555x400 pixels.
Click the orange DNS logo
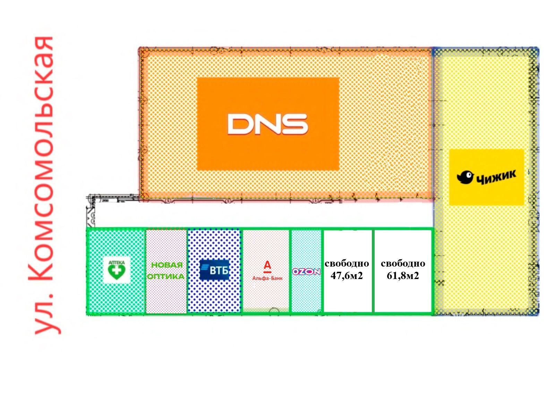click(268, 124)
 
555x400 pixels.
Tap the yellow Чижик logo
click(486, 177)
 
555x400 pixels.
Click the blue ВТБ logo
click(215, 270)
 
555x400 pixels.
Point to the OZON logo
click(306, 271)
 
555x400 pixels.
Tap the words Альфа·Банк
click(267, 278)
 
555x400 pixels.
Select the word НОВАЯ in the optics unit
click(167, 265)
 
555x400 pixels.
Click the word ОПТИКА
click(166, 277)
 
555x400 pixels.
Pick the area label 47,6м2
click(347, 276)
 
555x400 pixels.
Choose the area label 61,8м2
click(403, 276)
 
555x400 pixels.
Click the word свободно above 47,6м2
click(347, 263)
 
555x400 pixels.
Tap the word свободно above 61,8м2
click(403, 263)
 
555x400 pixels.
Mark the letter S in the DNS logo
click(294, 124)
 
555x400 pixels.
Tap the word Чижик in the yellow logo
click(496, 177)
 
